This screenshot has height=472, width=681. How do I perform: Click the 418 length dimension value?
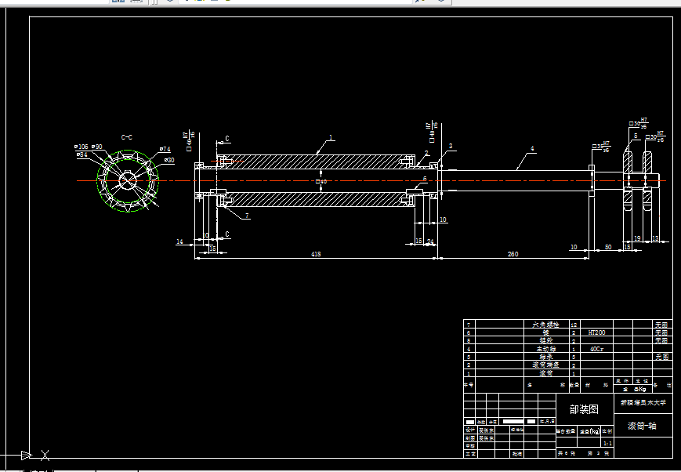[316, 254]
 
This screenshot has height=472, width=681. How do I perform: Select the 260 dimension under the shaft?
[513, 254]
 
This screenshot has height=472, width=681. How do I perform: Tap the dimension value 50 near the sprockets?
[608, 248]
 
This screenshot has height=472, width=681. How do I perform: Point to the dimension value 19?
[637, 238]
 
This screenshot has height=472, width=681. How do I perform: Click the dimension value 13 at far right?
[655, 238]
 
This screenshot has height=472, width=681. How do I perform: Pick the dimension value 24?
[430, 242]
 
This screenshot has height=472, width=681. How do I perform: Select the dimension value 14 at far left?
[179, 242]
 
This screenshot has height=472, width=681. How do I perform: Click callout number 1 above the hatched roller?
[331, 137]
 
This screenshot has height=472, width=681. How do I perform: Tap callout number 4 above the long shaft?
[532, 148]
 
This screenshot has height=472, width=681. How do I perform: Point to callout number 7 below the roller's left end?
[247, 215]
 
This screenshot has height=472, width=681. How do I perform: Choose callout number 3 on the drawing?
[451, 147]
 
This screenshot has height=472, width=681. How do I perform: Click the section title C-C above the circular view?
[126, 137]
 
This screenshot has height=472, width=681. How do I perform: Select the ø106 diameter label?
[81, 147]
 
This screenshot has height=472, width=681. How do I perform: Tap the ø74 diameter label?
[165, 149]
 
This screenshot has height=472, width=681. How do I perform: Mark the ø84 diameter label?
[82, 154]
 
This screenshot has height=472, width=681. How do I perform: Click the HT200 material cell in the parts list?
[597, 332]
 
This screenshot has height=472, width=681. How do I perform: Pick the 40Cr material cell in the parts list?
[596, 348]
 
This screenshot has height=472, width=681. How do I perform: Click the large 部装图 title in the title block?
[583, 408]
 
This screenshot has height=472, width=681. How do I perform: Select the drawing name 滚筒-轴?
[642, 427]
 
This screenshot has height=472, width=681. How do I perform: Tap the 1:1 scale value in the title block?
[607, 443]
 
